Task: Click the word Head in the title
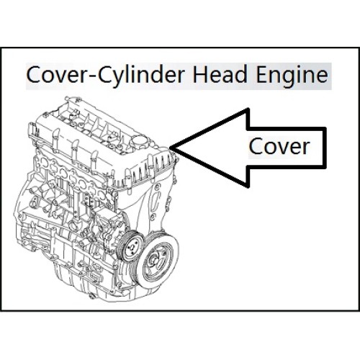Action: [x=220, y=74]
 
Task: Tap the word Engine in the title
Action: [x=292, y=76]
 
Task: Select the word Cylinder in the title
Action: [x=141, y=76]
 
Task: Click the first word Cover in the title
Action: [x=55, y=75]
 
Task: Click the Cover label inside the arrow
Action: [x=279, y=146]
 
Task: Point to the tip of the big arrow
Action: [x=169, y=147]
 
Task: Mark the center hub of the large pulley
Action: [x=156, y=261]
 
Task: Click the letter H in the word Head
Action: [x=199, y=74]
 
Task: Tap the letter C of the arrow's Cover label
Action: [x=255, y=146]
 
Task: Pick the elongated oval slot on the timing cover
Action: [x=156, y=201]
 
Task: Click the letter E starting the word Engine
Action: [x=262, y=74]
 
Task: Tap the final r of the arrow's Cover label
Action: [x=306, y=148]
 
